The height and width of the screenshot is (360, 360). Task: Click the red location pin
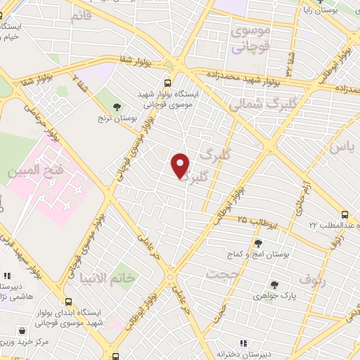pos(181,165)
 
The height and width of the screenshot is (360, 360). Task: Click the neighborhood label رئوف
pos(313,279)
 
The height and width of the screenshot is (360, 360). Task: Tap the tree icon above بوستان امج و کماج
pos(259,243)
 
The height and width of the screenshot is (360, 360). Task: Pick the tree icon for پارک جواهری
pos(274,285)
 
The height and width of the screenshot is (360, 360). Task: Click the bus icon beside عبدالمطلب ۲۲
pos(345,214)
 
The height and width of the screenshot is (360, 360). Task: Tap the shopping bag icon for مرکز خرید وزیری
pos(25,330)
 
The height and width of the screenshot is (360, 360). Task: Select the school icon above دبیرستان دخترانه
pos(243,343)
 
